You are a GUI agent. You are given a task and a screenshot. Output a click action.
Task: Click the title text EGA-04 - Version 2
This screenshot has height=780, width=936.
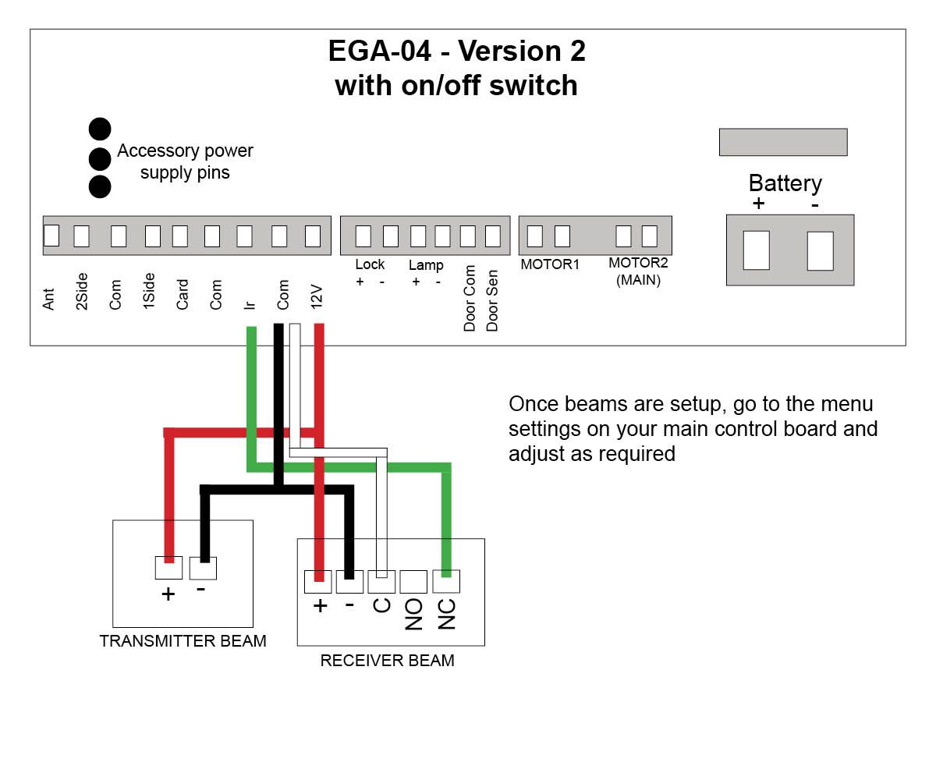pos(456,51)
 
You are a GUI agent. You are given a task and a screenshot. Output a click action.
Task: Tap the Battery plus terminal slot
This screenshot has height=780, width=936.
pos(756,250)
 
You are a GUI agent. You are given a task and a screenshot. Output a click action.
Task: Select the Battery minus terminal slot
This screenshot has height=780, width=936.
pos(820,250)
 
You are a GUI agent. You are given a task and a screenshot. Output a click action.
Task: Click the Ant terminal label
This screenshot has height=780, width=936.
pos(49,300)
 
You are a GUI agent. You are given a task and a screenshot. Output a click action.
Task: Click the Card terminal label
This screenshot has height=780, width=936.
pos(182,295)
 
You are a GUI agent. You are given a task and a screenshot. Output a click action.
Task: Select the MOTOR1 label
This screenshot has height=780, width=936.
pos(550,264)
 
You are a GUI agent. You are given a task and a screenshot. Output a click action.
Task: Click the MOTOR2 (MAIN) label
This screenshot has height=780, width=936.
pos(638,271)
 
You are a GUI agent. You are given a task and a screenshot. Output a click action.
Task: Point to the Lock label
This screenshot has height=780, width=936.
pos(370,264)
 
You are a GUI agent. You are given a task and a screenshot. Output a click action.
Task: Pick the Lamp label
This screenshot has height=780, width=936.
pos(426,264)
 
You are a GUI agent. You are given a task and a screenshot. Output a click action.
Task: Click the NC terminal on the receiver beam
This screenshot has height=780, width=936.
pos(445,582)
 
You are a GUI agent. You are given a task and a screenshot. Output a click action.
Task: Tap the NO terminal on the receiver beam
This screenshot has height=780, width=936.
pos(413,582)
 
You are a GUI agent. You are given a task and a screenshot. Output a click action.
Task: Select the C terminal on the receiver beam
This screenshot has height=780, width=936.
pos(381,582)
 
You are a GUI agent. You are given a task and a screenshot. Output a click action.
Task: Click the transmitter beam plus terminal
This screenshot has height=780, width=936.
pos(168,568)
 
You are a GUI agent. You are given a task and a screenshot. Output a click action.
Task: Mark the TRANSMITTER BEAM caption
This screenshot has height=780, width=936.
pos(183,641)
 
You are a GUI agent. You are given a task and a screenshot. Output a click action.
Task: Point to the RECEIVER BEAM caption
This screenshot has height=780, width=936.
pos(387,661)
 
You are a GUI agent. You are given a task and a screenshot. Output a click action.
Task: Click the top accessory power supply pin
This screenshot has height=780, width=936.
pos(100,129)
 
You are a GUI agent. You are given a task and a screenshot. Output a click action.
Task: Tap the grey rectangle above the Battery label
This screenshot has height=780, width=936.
pos(782,142)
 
